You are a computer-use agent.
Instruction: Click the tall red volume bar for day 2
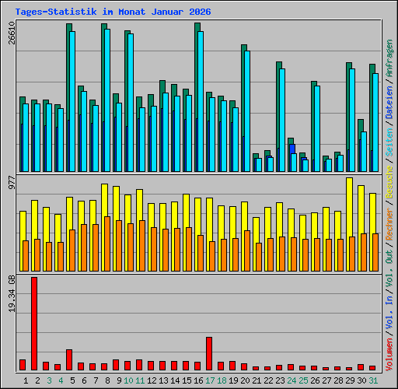pyautogui.click(x=34, y=323)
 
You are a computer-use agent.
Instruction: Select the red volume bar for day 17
pyautogui.click(x=209, y=353)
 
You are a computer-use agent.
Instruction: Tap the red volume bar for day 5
pyautogui.click(x=69, y=359)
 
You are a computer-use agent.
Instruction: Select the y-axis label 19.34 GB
pyautogui.click(x=12, y=296)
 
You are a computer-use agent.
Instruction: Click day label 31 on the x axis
pyautogui.click(x=373, y=380)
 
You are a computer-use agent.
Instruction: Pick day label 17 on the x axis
pyautogui.click(x=210, y=380)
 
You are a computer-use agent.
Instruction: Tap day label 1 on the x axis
pyautogui.click(x=26, y=380)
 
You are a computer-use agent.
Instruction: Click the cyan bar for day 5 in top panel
pyautogui.click(x=72, y=101)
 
